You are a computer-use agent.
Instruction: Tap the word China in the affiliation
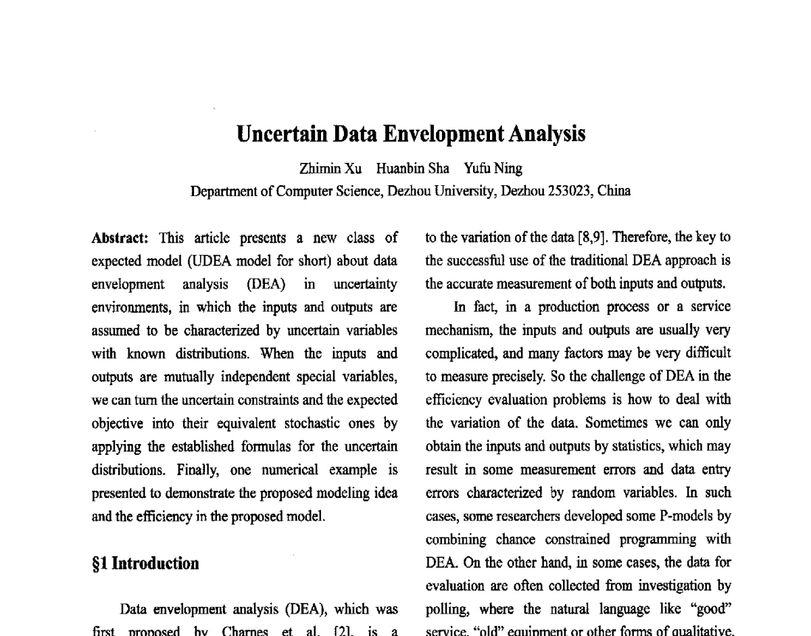point(614,191)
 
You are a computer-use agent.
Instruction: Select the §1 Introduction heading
point(145,564)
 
